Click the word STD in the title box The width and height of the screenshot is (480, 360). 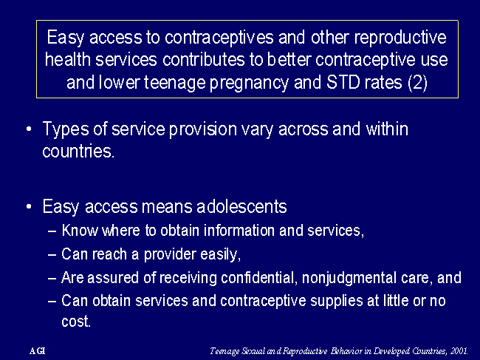click(343, 82)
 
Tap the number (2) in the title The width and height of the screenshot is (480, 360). click(417, 83)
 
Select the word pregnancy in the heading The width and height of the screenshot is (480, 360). click(249, 84)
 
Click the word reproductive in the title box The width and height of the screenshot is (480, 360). click(400, 38)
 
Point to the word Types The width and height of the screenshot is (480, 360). click(65, 129)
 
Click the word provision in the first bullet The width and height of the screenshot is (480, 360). click(203, 129)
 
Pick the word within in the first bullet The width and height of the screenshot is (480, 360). click(387, 129)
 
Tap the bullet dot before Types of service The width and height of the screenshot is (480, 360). click(29, 129)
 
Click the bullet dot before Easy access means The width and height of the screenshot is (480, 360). click(29, 206)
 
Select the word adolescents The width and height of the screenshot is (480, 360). click(241, 206)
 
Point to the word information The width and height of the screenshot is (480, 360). click(239, 231)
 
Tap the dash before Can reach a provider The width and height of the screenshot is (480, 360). click(52, 254)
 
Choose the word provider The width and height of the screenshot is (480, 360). click(170, 255)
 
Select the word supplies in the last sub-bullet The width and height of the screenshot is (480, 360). click(338, 302)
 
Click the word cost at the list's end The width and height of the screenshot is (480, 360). click(76, 322)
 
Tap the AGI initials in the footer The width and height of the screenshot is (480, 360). click(38, 351)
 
